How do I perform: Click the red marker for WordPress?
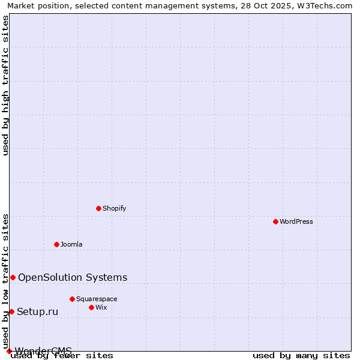tap(275, 221)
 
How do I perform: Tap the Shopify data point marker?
tap(98, 208)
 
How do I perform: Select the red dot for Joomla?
tap(56, 244)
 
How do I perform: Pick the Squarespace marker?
tap(72, 299)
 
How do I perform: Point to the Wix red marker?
tap(91, 307)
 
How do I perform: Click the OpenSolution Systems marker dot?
tap(13, 277)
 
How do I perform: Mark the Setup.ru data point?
tap(11, 311)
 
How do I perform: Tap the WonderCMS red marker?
tap(9, 351)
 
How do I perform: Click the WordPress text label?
tap(296, 221)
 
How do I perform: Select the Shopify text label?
tap(114, 208)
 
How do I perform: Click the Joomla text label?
tap(71, 244)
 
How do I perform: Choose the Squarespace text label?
tap(97, 299)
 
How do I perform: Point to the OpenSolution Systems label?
tap(73, 277)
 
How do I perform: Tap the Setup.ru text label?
tap(37, 311)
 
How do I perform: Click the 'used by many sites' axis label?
tap(301, 356)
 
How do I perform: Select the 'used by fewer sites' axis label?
tap(62, 356)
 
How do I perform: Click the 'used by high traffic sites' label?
tap(5, 85)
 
